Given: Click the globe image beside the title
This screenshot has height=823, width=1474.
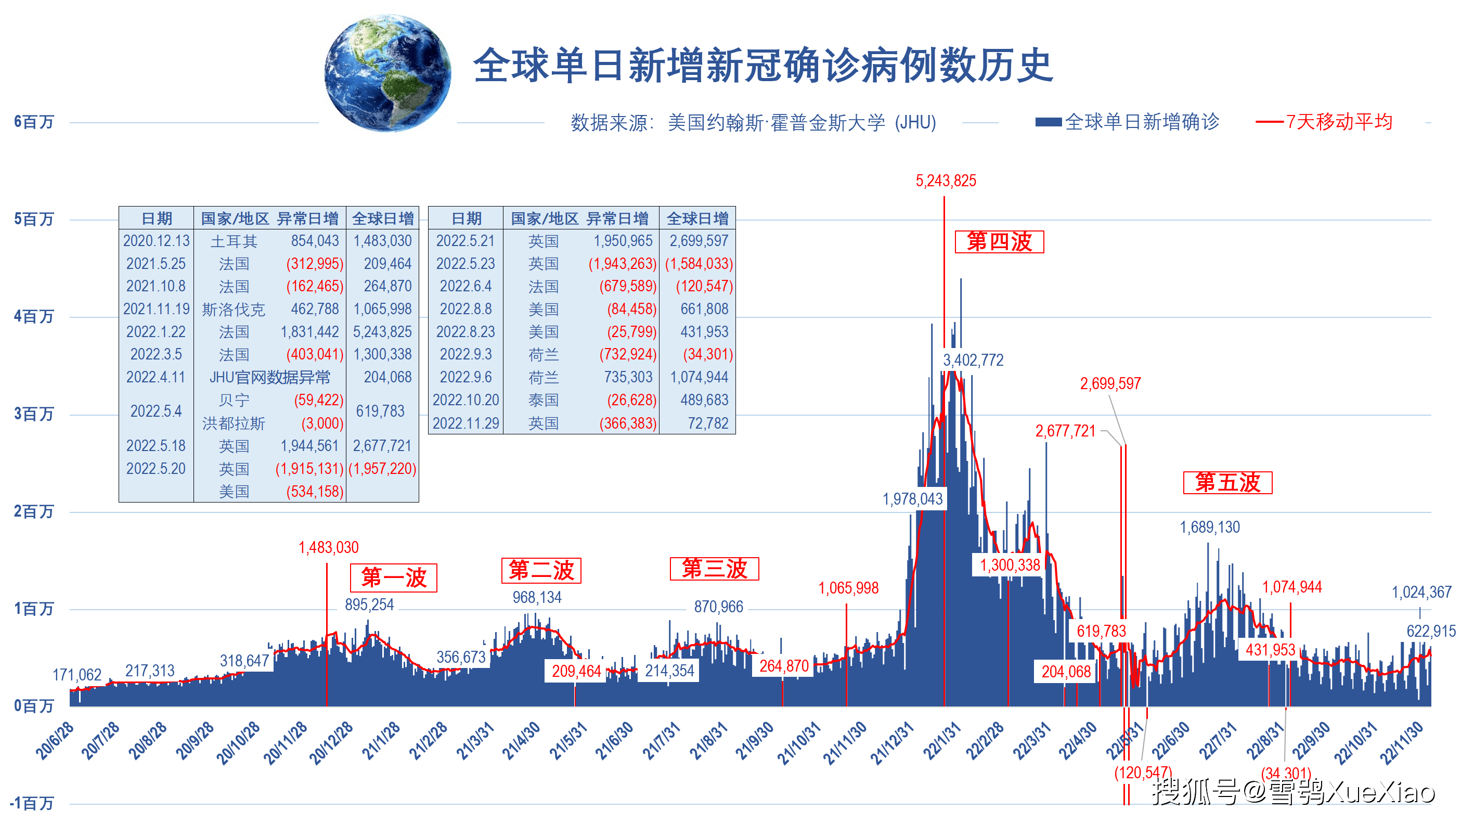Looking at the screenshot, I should pyautogui.click(x=388, y=73).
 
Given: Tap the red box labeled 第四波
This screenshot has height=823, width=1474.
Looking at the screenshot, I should pyautogui.click(x=999, y=241).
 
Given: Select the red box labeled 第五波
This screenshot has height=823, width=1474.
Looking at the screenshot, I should pyautogui.click(x=1227, y=482).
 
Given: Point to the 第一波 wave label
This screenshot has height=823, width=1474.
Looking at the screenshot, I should pyautogui.click(x=394, y=577).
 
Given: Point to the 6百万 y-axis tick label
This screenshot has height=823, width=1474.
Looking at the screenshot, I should pyautogui.click(x=34, y=122).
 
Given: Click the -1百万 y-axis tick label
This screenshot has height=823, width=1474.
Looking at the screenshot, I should pyautogui.click(x=32, y=803).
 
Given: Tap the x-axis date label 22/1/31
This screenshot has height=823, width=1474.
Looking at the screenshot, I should pyautogui.click(x=941, y=741).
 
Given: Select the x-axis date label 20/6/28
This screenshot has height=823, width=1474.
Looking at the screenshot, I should pyautogui.click(x=55, y=741).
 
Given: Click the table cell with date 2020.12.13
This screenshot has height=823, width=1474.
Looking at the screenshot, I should pyautogui.click(x=156, y=241).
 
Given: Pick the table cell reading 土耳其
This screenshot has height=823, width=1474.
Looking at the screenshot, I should pyautogui.click(x=234, y=241).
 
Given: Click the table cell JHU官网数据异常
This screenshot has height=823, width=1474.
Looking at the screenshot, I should pyautogui.click(x=269, y=378).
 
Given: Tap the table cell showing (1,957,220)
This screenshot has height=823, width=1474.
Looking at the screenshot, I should pyautogui.click(x=382, y=469).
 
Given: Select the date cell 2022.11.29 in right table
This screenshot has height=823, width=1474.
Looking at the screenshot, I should pyautogui.click(x=466, y=423).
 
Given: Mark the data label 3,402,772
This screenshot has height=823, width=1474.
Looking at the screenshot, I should pyautogui.click(x=973, y=361).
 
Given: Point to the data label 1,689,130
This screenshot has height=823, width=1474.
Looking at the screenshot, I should pyautogui.click(x=1209, y=527).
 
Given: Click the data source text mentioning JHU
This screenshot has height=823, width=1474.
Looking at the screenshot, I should pyautogui.click(x=753, y=122).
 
